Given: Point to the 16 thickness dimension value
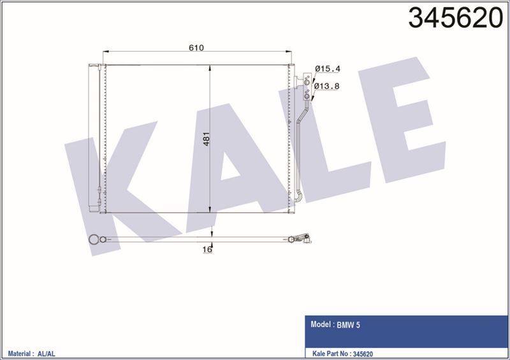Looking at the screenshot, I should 207,250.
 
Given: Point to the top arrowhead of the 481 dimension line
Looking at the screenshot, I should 210,67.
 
